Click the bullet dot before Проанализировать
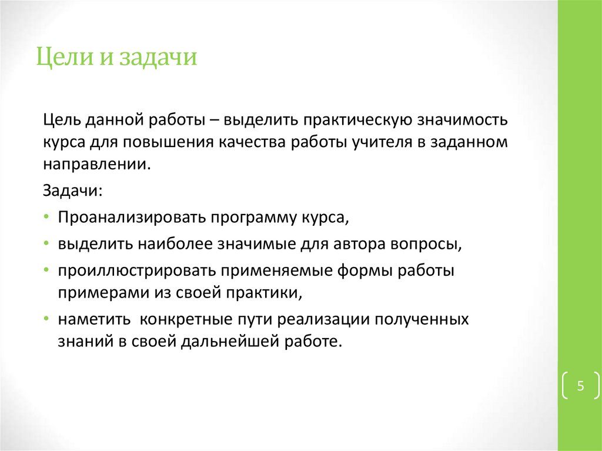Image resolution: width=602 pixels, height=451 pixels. pos(46,218)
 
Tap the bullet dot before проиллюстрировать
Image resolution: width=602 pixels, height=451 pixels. pos(46,270)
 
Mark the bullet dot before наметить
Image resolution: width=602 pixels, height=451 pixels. pos(46,319)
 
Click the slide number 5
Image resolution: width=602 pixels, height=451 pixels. pos(580,386)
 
